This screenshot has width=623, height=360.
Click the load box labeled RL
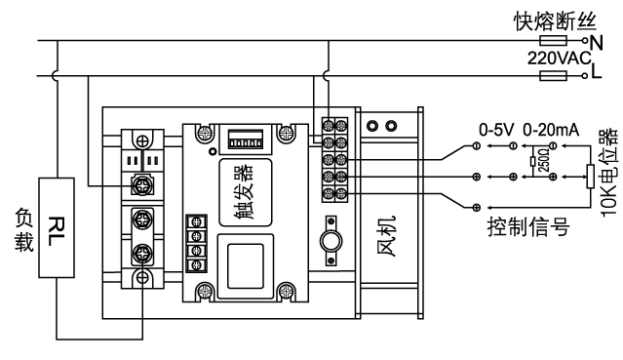click(x=57, y=227)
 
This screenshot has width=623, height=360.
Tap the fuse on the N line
click(x=553, y=40)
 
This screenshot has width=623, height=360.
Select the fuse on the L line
click(x=553, y=75)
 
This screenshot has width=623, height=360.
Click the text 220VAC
click(x=560, y=59)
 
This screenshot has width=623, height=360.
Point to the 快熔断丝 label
click(x=555, y=21)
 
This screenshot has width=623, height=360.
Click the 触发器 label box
click(x=246, y=192)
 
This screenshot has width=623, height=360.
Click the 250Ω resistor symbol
click(x=532, y=161)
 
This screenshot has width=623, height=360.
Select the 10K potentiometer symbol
click(x=591, y=177)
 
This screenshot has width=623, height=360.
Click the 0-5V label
click(x=496, y=130)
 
